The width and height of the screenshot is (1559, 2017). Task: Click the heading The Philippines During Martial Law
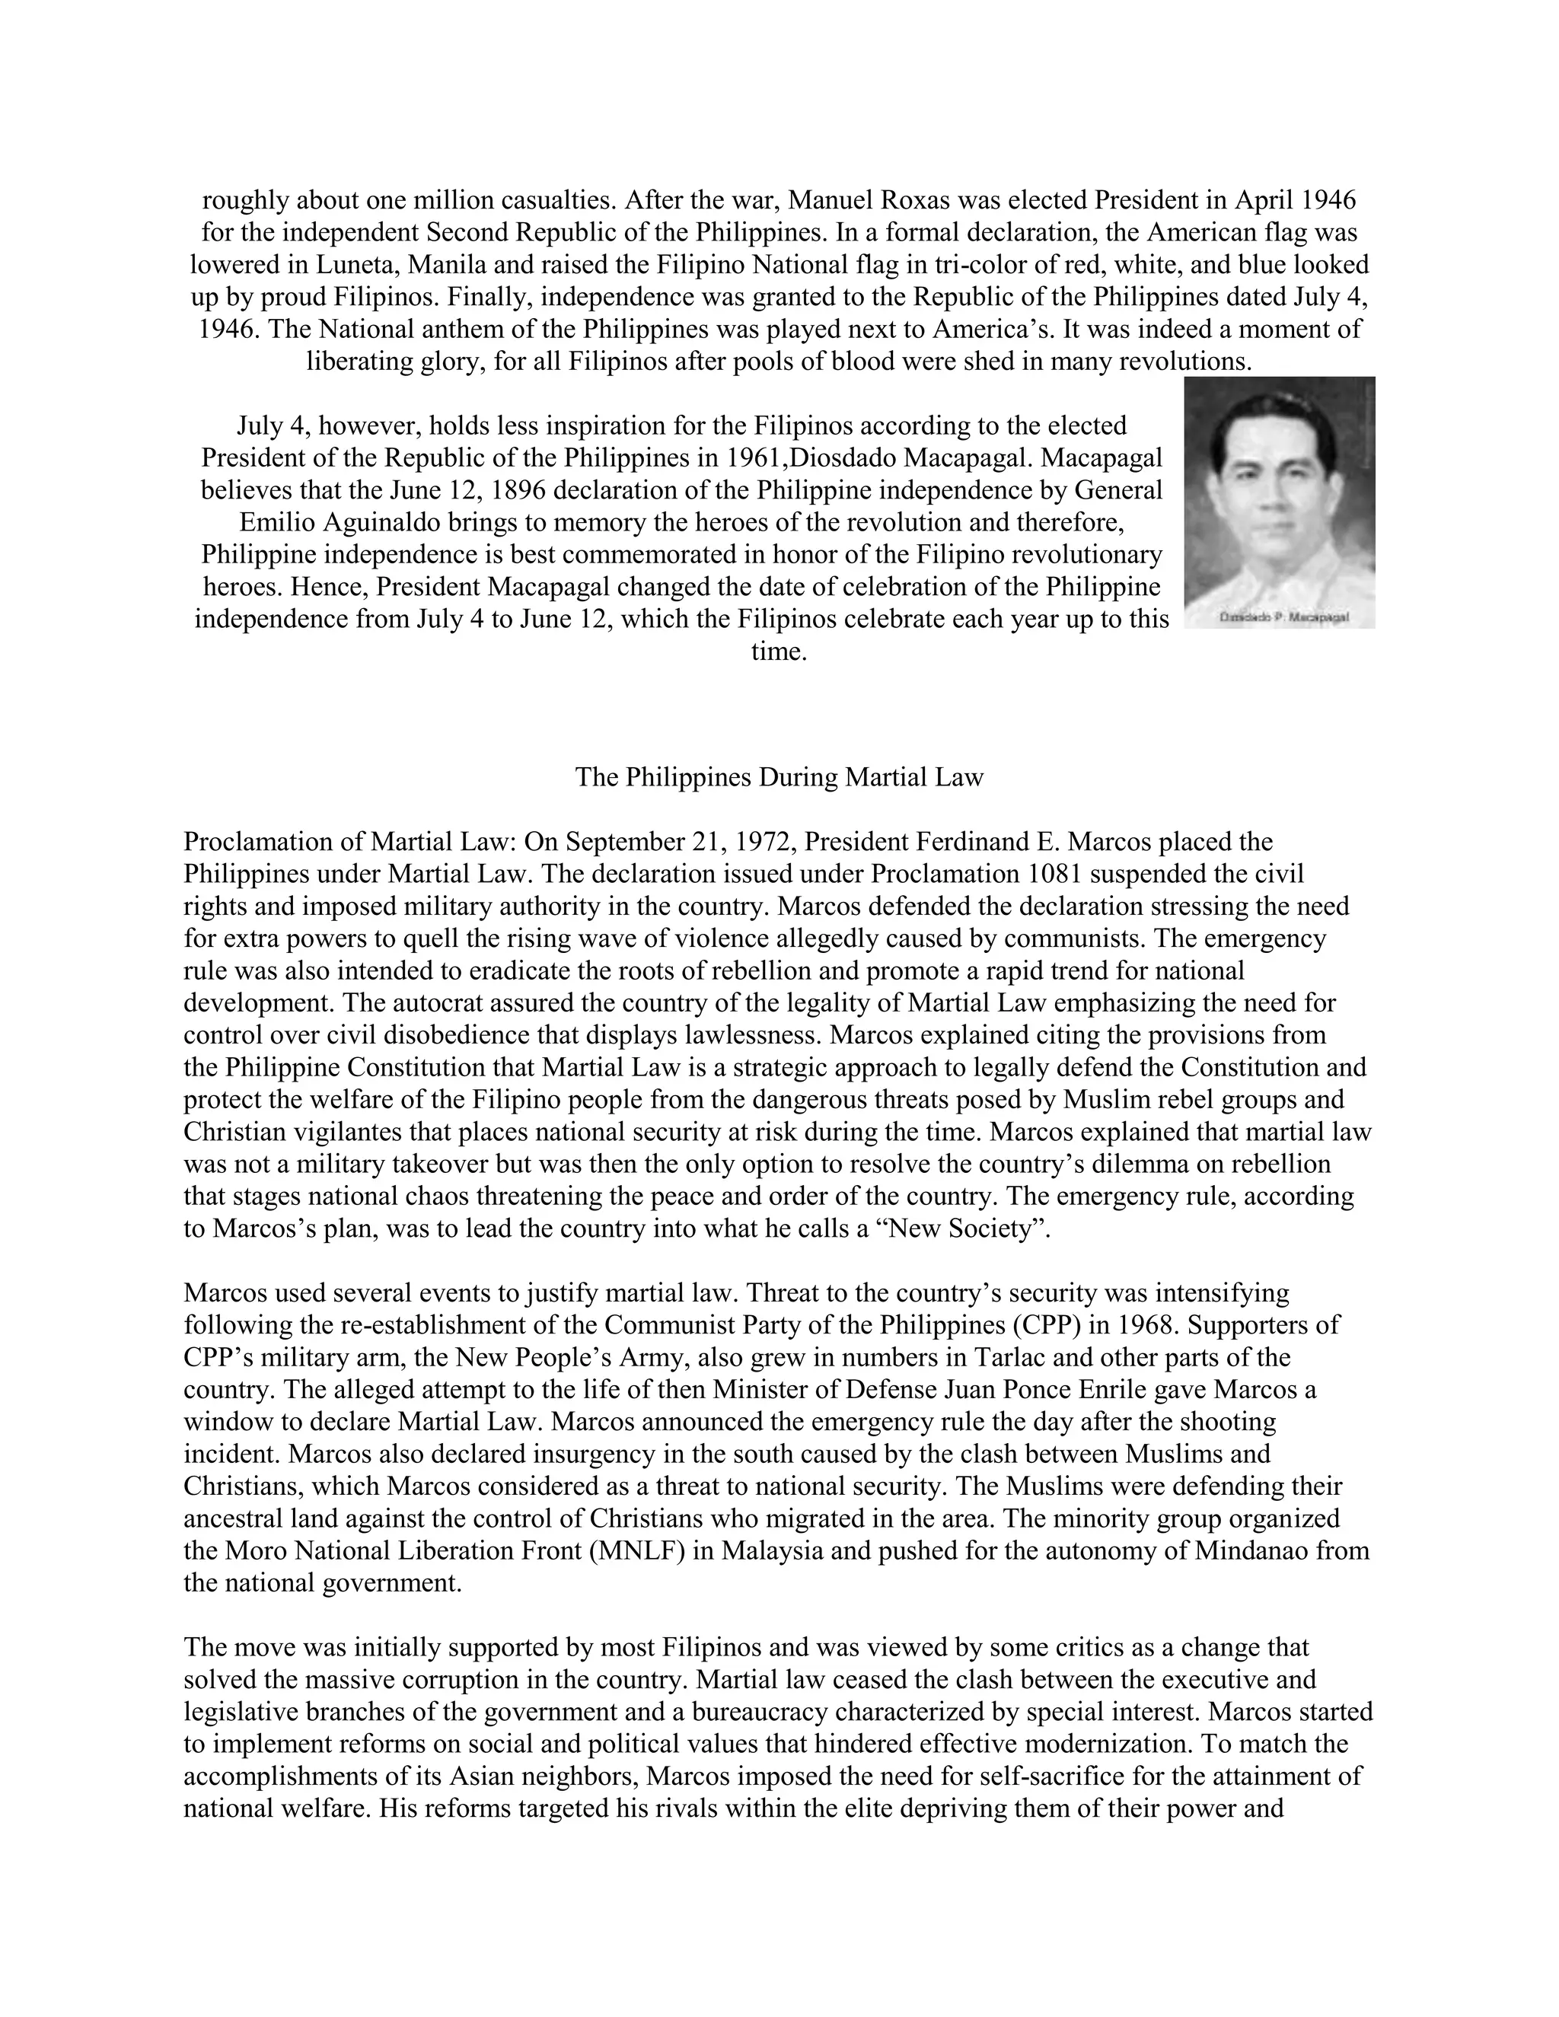[779, 776]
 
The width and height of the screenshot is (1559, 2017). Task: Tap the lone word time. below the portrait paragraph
[779, 652]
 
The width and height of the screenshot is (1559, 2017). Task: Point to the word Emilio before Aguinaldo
[277, 523]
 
